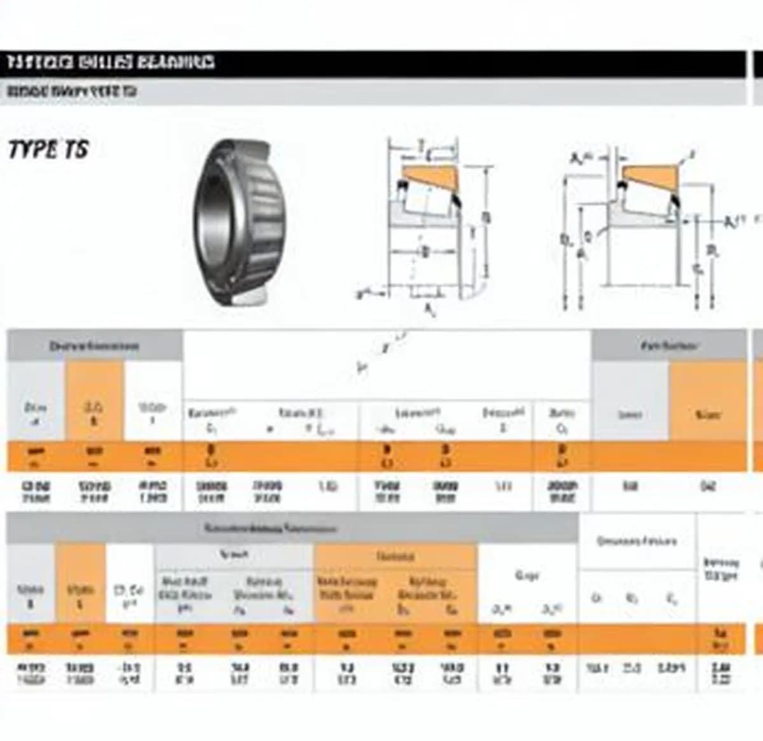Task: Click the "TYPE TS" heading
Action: [48, 150]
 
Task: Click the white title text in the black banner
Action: [111, 62]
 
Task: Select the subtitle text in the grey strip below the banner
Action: [72, 92]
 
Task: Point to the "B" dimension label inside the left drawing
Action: [425, 251]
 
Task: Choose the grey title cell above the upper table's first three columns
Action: [94, 346]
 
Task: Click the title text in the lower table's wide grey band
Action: [270, 529]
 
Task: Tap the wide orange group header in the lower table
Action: [395, 557]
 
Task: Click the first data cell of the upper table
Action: [36, 492]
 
